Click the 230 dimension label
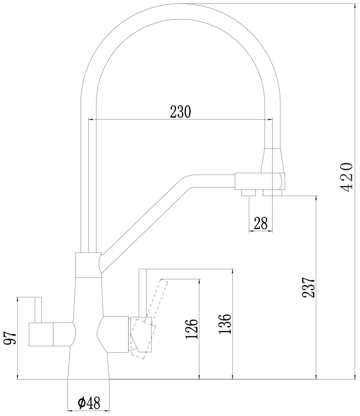pyautogui.click(x=180, y=111)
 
